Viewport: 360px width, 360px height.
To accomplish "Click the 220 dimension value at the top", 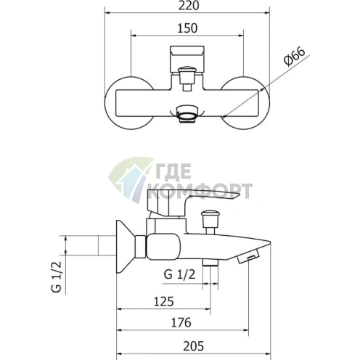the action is point(189,6).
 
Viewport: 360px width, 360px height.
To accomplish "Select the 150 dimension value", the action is point(187,28).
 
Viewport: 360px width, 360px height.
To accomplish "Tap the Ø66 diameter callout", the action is point(295,57).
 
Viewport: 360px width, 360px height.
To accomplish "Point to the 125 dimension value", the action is point(164,301).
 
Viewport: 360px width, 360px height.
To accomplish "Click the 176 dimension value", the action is point(181,322).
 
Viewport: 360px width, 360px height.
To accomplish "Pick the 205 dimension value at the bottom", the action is point(194,346).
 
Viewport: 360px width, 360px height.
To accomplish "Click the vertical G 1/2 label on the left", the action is point(57,277).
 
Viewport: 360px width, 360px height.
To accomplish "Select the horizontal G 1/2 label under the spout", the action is point(179,274).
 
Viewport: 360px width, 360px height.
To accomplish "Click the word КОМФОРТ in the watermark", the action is point(200,191).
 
